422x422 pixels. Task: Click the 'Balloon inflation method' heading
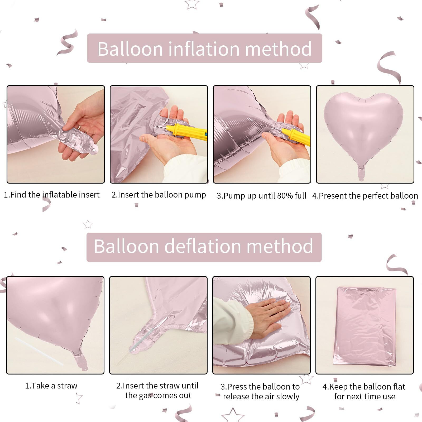[204, 49]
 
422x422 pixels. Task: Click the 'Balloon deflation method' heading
[204, 246]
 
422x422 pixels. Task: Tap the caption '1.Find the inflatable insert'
[52, 195]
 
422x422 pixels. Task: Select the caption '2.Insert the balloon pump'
[159, 195]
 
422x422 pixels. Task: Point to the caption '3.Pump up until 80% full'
[261, 196]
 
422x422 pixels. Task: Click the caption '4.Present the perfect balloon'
[365, 196]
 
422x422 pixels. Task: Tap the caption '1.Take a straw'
[51, 386]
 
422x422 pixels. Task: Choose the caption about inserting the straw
[157, 390]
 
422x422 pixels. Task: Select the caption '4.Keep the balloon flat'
[364, 391]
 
